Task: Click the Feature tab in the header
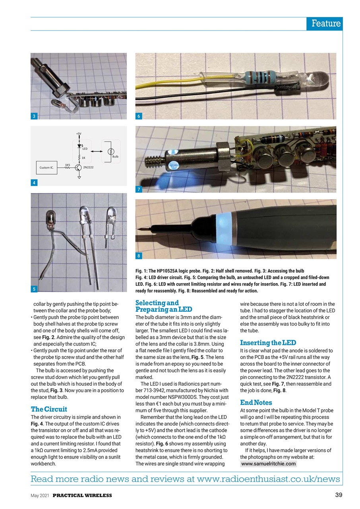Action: point(325,23)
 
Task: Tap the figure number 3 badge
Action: point(35,116)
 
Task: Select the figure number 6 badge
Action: point(139,116)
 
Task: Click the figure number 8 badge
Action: point(139,256)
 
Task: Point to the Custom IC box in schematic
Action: point(46,168)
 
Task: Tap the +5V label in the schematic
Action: point(79,134)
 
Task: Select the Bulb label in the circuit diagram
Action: point(115,157)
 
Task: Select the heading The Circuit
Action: point(49,409)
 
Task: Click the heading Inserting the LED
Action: point(268,343)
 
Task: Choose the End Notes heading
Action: point(256,403)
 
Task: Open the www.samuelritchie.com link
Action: point(269,464)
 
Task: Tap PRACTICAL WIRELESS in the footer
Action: point(82,495)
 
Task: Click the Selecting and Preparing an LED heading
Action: point(164,306)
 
